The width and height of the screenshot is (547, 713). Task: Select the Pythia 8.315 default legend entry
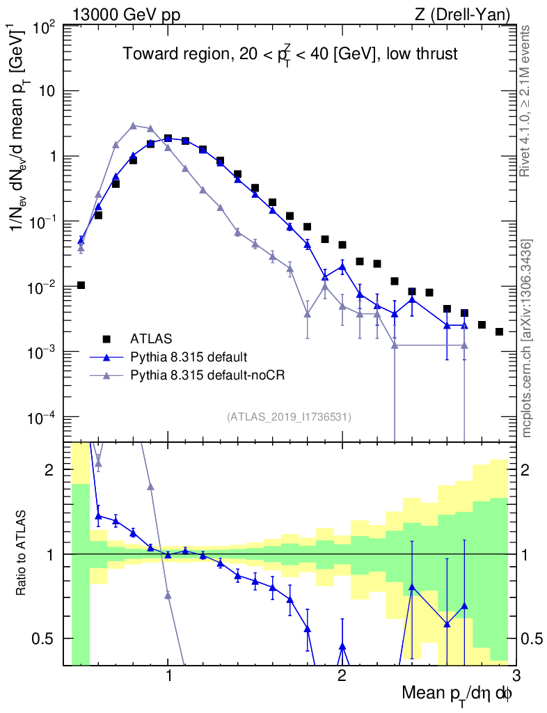tap(188, 357)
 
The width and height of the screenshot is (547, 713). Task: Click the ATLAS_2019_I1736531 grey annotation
tap(289, 417)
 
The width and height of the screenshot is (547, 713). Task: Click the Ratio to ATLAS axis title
tap(22, 554)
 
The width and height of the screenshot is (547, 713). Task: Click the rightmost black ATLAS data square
tap(499, 331)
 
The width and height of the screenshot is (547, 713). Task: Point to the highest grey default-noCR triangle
tap(133, 126)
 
